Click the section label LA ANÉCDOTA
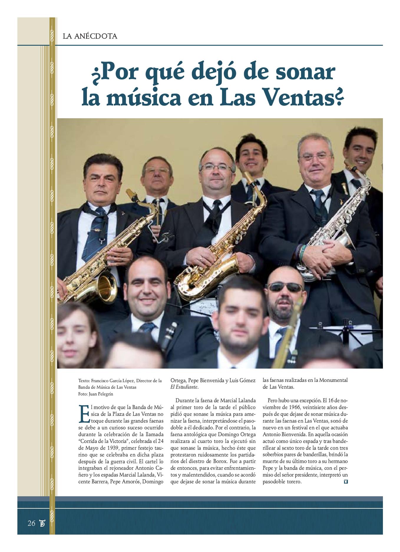[x=90, y=37]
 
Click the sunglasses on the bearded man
[x=285, y=286]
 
